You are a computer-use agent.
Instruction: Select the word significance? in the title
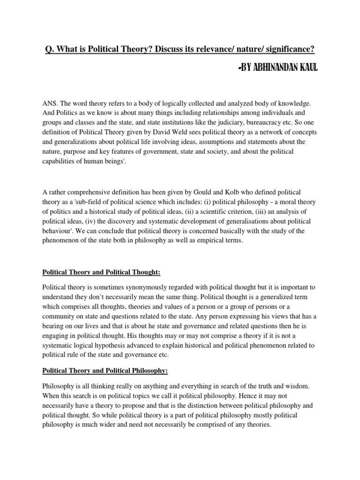[x=287, y=48]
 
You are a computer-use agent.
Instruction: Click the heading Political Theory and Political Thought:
[x=101, y=271]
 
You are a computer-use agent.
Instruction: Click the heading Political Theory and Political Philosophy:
[x=105, y=370]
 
